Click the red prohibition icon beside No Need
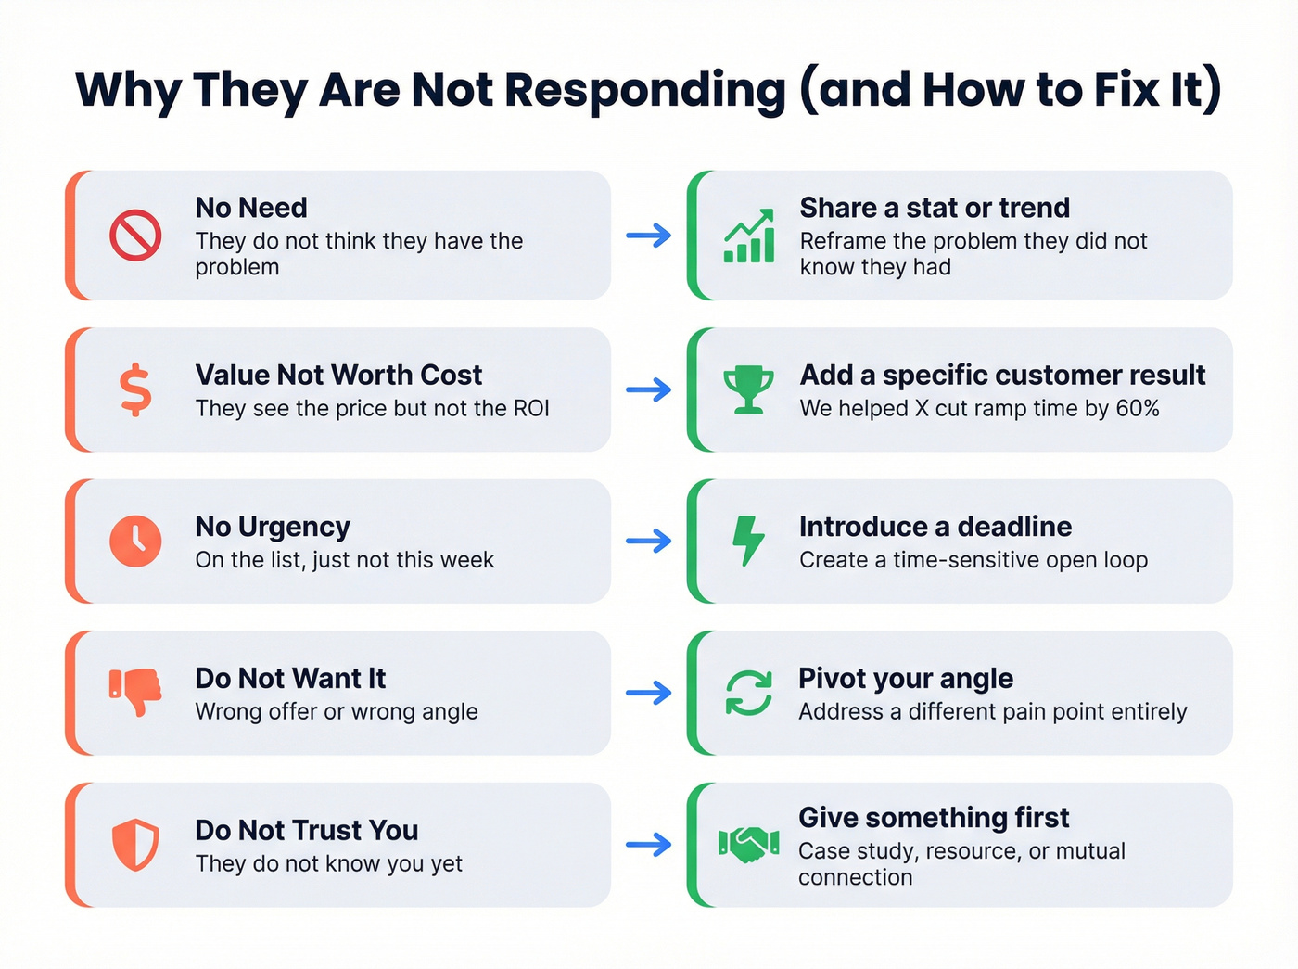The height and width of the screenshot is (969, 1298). point(135,236)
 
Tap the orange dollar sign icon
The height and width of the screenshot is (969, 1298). point(135,389)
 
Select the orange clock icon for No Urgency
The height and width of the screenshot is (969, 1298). point(135,541)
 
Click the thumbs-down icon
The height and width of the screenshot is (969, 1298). point(135,693)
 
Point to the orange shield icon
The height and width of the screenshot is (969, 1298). point(135,845)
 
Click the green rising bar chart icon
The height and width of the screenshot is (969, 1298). point(749,236)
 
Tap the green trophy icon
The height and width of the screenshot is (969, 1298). point(748,389)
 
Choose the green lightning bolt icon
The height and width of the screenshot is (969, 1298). point(748,541)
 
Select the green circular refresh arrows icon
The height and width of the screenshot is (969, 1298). point(748,693)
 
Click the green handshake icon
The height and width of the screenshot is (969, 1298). point(748,844)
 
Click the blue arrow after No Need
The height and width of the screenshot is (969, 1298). point(649,236)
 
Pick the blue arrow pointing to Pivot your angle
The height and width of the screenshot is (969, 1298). point(649,693)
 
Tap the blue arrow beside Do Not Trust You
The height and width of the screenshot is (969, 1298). point(649,844)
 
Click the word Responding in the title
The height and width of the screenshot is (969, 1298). point(645,92)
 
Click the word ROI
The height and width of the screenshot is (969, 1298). point(531,409)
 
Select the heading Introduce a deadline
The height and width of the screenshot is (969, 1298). point(935,526)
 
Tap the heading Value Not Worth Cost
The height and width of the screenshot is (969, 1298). point(338,375)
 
